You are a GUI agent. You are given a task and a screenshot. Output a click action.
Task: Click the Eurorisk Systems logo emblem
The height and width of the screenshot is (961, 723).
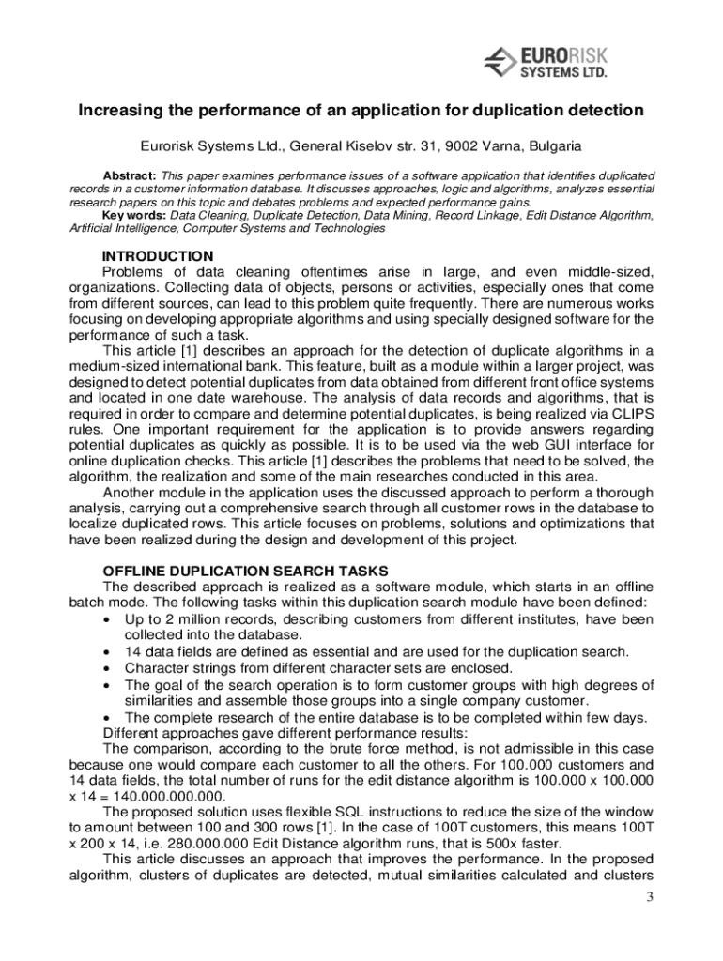pos(501,64)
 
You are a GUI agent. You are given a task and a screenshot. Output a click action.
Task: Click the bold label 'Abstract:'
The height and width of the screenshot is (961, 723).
pos(130,176)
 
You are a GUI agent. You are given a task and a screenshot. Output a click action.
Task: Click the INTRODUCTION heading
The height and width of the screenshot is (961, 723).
pos(158,256)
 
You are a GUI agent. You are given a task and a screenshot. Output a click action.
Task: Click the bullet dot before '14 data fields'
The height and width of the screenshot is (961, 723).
pos(108,652)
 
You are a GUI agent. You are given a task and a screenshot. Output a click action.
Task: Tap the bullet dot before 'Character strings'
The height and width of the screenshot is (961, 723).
pos(108,668)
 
